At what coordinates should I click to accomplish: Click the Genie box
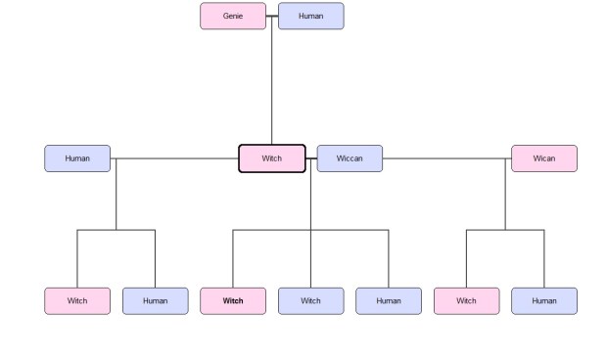(x=233, y=16)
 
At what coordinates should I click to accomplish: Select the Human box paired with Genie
(x=310, y=16)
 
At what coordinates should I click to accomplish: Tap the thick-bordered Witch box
(x=272, y=158)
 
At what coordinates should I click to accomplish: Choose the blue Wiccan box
(x=350, y=158)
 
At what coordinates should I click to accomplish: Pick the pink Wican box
(x=544, y=158)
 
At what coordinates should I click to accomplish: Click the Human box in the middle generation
(x=77, y=158)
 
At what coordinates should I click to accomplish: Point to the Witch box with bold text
(x=233, y=301)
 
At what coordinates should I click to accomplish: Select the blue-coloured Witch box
(x=310, y=301)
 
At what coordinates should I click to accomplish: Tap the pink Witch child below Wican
(x=466, y=301)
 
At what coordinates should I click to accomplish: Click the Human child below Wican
(x=544, y=301)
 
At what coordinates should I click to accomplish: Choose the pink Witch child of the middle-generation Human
(x=77, y=301)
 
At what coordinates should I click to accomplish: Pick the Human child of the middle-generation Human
(x=155, y=301)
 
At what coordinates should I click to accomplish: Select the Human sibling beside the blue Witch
(x=389, y=301)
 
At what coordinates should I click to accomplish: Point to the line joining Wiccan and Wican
(x=446, y=158)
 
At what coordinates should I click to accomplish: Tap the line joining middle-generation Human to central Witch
(x=176, y=158)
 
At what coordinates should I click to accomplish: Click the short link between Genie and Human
(x=272, y=16)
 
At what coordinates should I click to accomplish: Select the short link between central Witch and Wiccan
(x=311, y=158)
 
